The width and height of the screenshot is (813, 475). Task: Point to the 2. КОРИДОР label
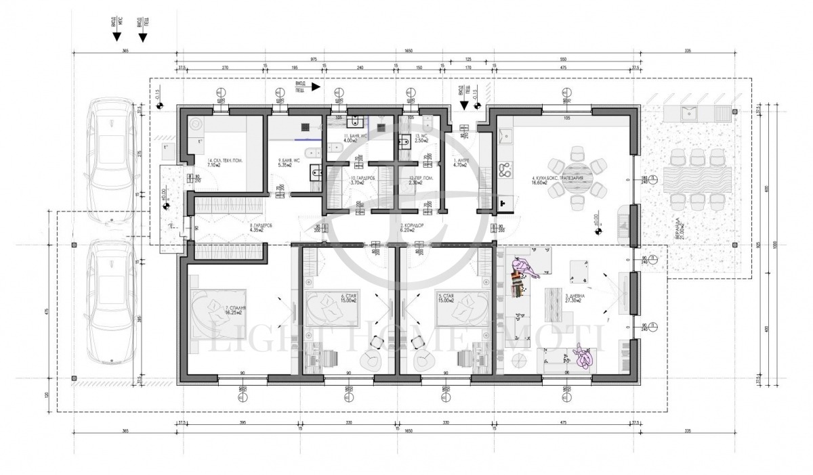(411, 228)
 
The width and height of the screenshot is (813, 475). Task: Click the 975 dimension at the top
(314, 60)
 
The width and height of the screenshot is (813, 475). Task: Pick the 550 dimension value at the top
(564, 60)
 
